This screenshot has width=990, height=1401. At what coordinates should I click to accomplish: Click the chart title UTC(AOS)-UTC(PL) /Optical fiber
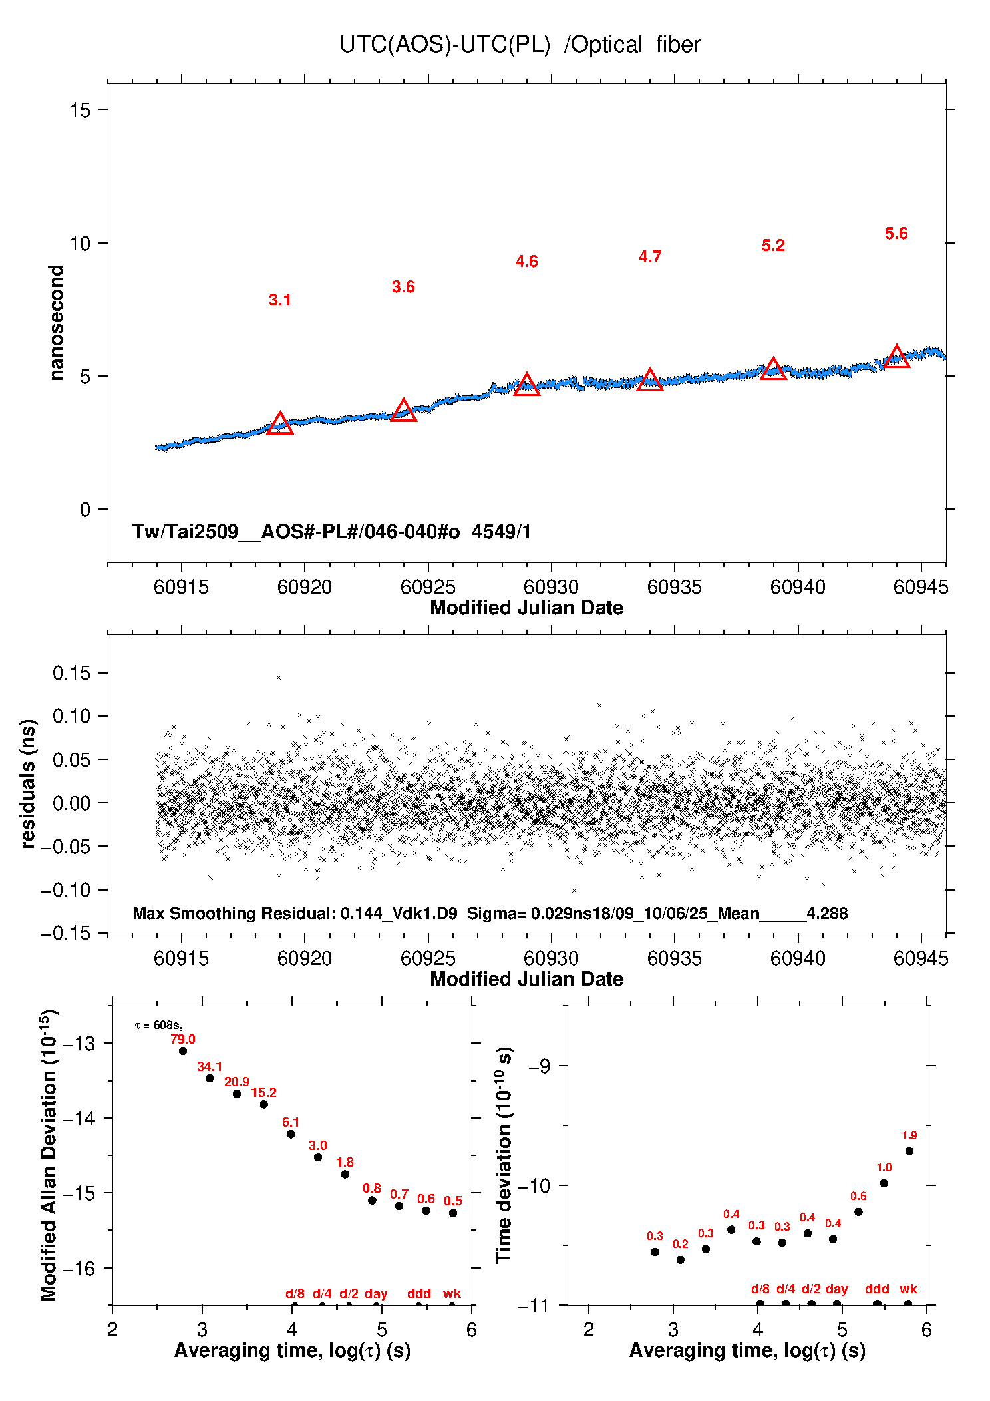tap(519, 45)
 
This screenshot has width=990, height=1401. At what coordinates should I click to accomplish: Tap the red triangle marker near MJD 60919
tap(280, 424)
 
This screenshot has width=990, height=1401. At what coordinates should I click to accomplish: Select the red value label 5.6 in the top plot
tap(896, 234)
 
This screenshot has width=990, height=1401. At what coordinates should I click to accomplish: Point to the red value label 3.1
tap(280, 300)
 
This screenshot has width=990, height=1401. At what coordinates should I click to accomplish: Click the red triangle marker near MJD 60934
tap(650, 380)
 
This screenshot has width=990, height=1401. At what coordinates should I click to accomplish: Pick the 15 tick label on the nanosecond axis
tap(80, 110)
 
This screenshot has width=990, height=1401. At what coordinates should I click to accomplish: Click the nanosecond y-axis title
tap(56, 323)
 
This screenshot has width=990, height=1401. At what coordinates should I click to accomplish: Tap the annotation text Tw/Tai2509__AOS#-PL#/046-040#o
tap(296, 532)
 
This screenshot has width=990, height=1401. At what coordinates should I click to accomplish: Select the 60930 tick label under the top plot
tap(551, 587)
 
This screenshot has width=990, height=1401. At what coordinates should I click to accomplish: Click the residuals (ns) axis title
tap(28, 783)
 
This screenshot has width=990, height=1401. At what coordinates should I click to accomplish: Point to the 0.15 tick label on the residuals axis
tap(71, 673)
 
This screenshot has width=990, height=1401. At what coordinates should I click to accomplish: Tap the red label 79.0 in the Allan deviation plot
tap(183, 1039)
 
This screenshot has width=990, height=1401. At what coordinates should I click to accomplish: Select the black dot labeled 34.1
tap(210, 1078)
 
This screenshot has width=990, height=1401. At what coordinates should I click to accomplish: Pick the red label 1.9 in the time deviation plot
tap(909, 1135)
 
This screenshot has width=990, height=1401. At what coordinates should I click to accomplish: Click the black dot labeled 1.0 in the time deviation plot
tap(884, 1183)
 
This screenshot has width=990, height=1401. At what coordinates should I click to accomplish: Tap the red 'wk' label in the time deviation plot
tap(908, 1289)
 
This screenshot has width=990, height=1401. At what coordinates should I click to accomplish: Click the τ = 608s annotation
tap(159, 1026)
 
